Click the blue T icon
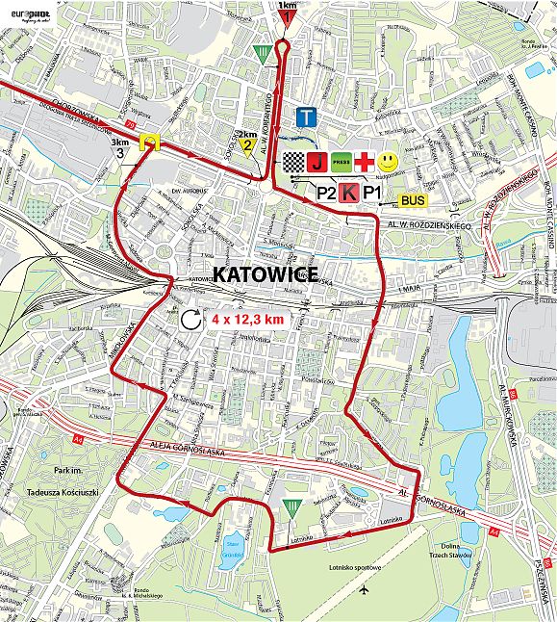pyautogui.click(x=307, y=117)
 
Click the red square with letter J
pyautogui.click(x=316, y=161)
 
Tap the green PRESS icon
pyautogui.click(x=341, y=161)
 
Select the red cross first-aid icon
pyautogui.click(x=365, y=161)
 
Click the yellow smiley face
pyautogui.click(x=388, y=160)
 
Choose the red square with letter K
pyautogui.click(x=349, y=193)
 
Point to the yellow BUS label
pyautogui.click(x=414, y=200)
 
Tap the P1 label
pyautogui.click(x=372, y=193)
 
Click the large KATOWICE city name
pyautogui.click(x=265, y=274)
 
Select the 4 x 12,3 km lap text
pyautogui.click(x=247, y=319)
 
